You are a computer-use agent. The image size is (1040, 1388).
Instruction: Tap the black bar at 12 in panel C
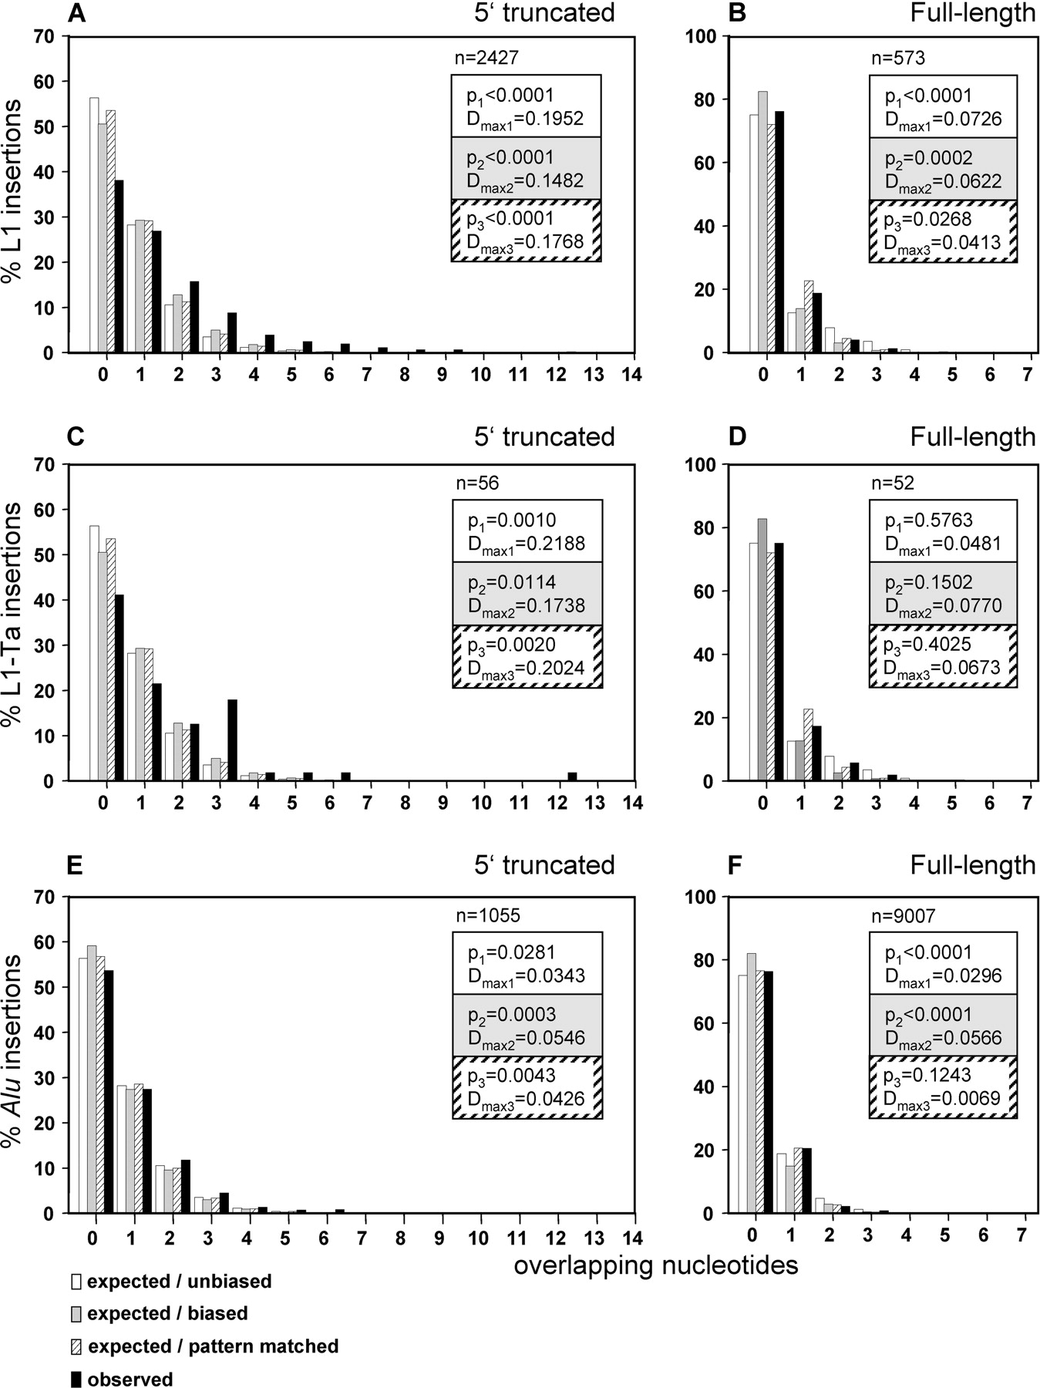coord(572,777)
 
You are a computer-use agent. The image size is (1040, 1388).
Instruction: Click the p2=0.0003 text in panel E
coord(511,1015)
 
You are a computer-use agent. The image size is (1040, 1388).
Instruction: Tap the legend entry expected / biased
coord(167,1313)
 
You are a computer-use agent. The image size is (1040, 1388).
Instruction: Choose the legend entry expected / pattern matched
coord(213,1346)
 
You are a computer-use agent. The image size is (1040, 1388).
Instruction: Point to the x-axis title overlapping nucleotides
coord(655,1265)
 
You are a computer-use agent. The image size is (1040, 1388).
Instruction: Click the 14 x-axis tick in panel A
coord(634,375)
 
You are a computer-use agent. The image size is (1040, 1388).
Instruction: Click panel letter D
coord(737,438)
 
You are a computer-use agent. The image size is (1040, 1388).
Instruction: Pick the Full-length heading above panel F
coord(972,864)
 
